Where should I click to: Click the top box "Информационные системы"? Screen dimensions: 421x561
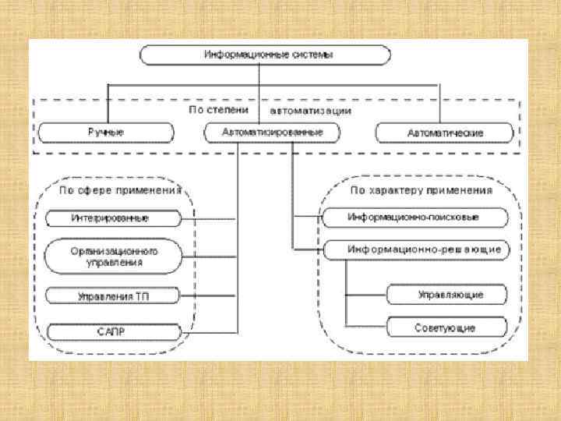pyautogui.click(x=265, y=55)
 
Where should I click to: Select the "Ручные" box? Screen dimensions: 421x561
pyautogui.click(x=105, y=133)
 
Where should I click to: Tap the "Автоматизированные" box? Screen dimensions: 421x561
pyautogui.click(x=273, y=133)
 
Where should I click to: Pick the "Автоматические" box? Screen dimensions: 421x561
pyautogui.click(x=445, y=133)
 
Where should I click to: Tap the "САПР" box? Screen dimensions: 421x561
pyautogui.click(x=114, y=331)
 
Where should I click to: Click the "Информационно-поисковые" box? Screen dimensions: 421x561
pyautogui.click(x=412, y=217)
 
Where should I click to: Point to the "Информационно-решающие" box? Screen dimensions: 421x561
pyautogui.click(x=412, y=249)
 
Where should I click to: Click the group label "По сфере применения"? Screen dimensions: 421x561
pyautogui.click(x=122, y=189)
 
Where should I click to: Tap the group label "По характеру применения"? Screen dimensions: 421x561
pyautogui.click(x=421, y=189)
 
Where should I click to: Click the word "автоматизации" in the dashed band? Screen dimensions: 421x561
pyautogui.click(x=316, y=111)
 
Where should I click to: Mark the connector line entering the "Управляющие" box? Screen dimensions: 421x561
pyautogui.click(x=366, y=295)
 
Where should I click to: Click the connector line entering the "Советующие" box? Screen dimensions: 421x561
pyautogui.click(x=366, y=327)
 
